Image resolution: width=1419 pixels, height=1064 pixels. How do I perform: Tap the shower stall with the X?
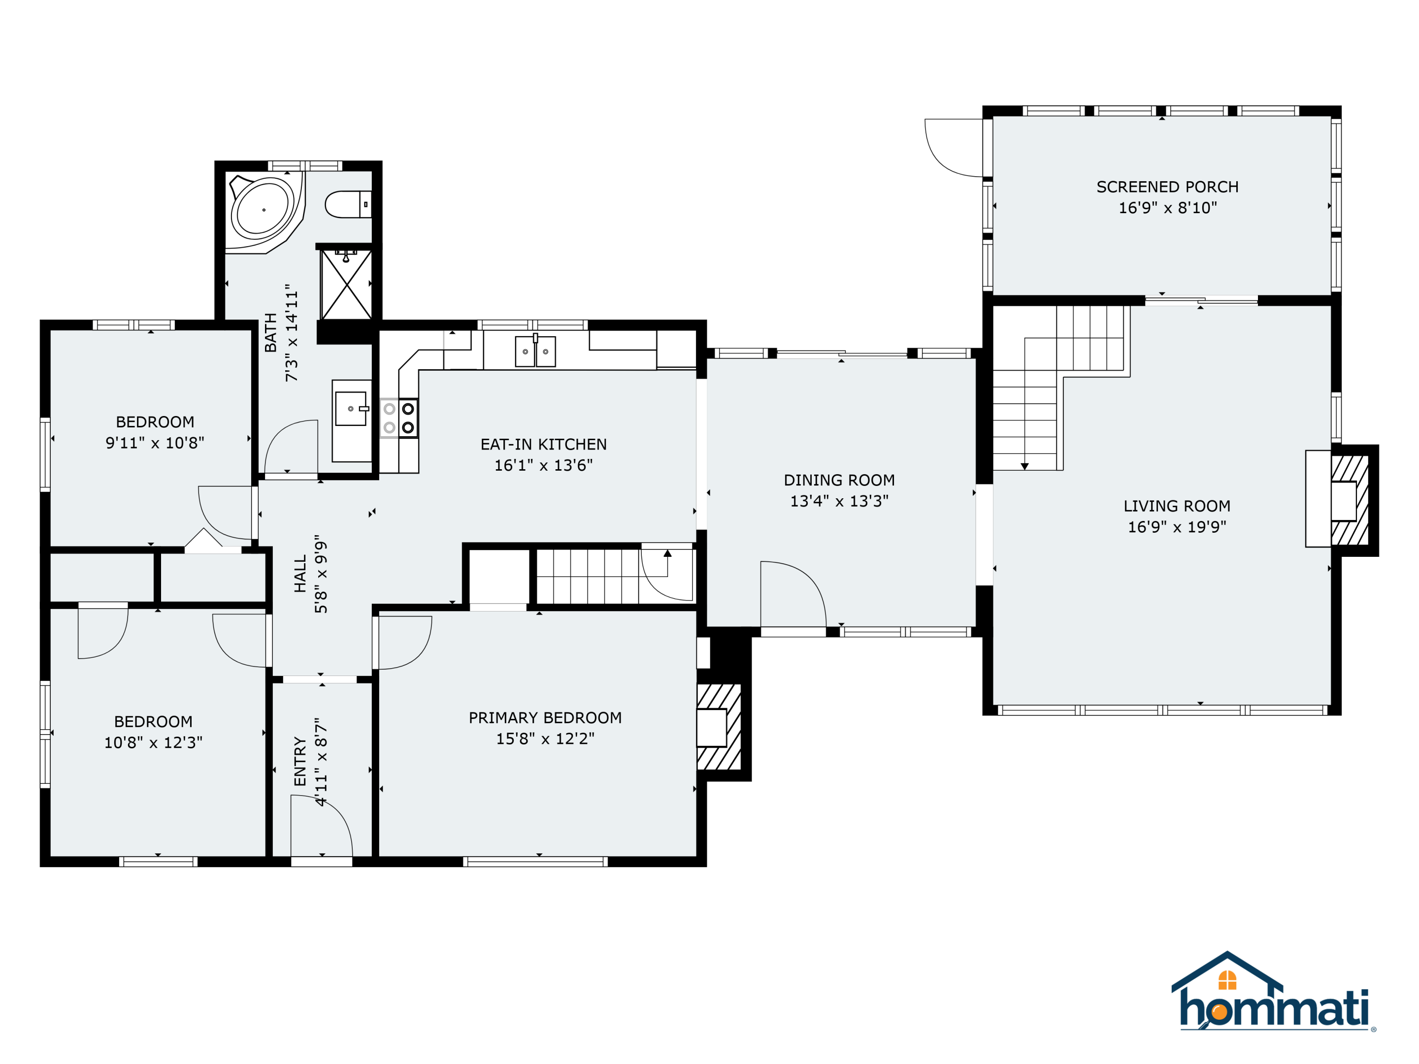tap(346, 284)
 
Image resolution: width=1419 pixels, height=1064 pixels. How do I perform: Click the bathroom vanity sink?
tap(352, 409)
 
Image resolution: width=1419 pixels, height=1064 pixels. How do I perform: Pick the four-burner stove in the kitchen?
tap(399, 418)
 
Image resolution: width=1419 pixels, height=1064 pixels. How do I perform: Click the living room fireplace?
tap(1341, 499)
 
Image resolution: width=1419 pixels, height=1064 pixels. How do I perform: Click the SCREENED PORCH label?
tap(1167, 187)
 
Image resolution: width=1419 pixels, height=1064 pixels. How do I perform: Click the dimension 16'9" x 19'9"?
tap(1177, 526)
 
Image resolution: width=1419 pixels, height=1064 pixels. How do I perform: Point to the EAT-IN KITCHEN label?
tap(543, 445)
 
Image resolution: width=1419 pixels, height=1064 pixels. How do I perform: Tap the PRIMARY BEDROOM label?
tap(545, 718)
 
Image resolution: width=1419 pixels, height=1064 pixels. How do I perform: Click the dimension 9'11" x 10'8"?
tap(155, 443)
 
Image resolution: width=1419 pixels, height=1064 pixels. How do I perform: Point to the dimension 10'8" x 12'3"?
tap(153, 742)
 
